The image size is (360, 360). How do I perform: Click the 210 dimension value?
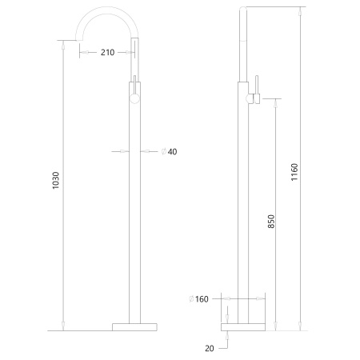(x=108, y=52)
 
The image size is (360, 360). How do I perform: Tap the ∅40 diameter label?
(x=169, y=150)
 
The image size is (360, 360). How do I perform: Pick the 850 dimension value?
(x=271, y=222)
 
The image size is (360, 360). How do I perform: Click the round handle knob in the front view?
(x=134, y=99)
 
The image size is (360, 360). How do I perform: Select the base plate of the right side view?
(x=242, y=326)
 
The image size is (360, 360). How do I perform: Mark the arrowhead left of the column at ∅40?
(x=126, y=150)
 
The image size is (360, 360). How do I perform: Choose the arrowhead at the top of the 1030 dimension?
(x=64, y=43)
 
